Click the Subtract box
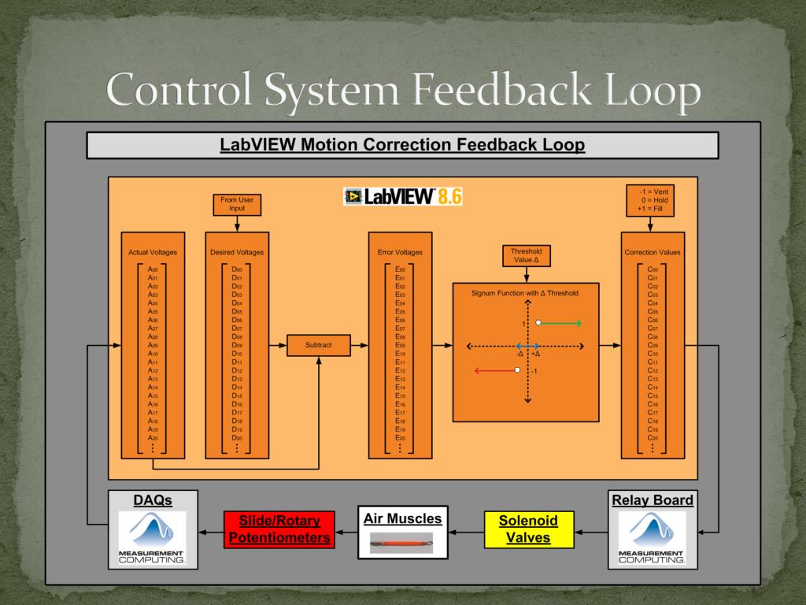(319, 345)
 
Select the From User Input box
(237, 205)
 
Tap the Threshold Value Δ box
(526, 255)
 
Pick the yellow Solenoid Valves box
(529, 529)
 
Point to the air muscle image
(402, 544)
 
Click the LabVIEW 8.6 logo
(403, 196)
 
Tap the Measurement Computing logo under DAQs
(152, 538)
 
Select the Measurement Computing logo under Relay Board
(653, 538)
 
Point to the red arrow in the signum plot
(494, 370)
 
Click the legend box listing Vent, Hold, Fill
(653, 200)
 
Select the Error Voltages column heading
(400, 252)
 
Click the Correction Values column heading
(653, 252)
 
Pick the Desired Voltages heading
(237, 252)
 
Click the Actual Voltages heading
(153, 252)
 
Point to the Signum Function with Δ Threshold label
(525, 293)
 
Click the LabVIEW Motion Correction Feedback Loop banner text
(402, 145)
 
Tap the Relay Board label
(653, 499)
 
